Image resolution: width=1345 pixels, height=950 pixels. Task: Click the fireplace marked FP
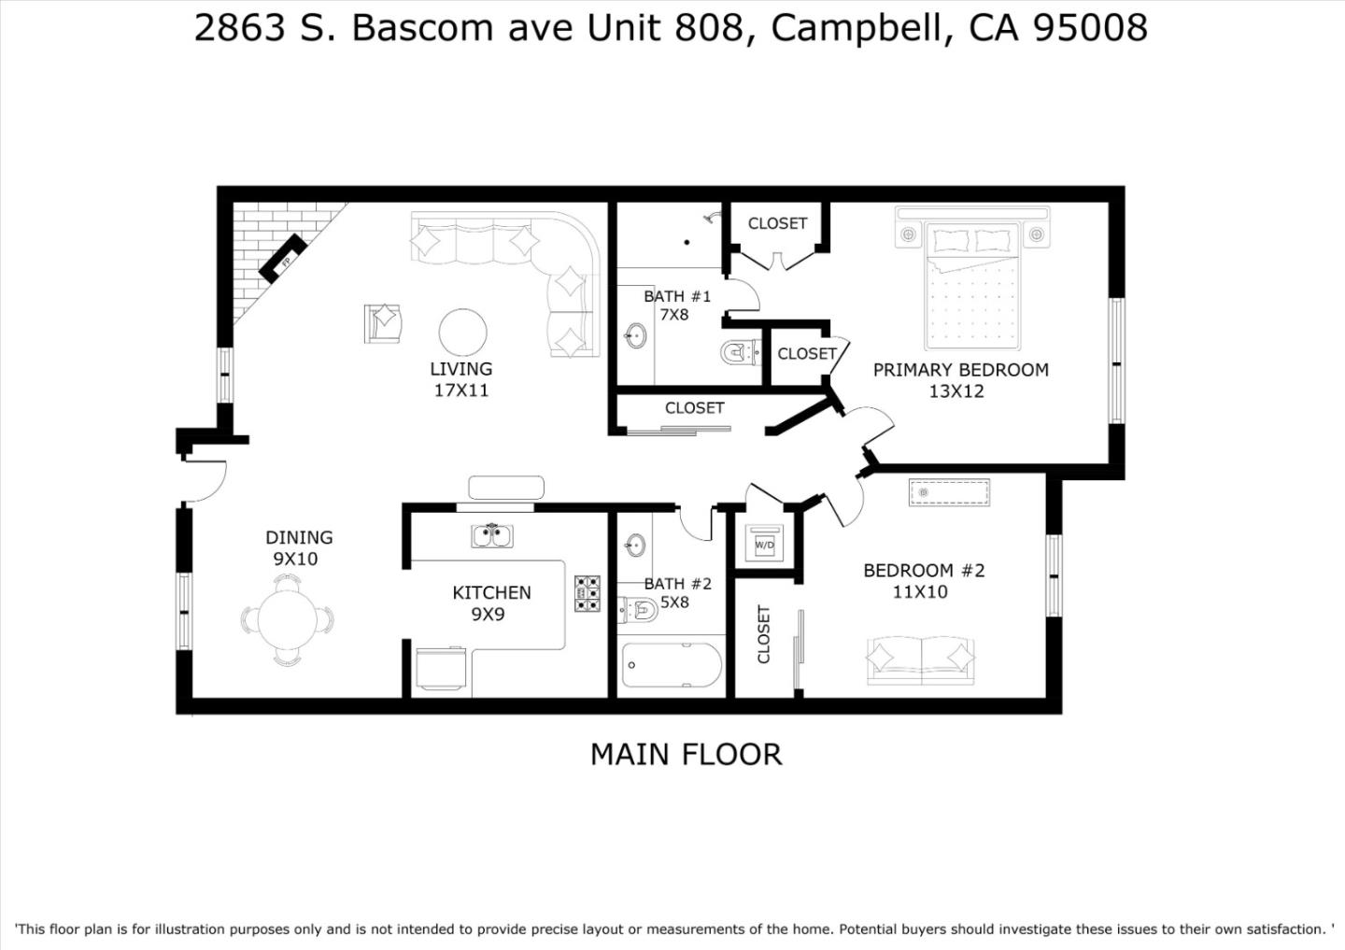pyautogui.click(x=282, y=258)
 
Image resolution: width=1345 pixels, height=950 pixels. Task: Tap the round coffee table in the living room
pyautogui.click(x=462, y=333)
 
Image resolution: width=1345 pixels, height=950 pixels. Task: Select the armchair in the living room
pyautogui.click(x=383, y=323)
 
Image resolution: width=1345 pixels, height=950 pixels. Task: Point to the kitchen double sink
pyautogui.click(x=491, y=535)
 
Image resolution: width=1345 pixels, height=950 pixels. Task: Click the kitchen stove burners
pyautogui.click(x=588, y=593)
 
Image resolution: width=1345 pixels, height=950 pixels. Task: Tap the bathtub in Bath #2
pyautogui.click(x=672, y=665)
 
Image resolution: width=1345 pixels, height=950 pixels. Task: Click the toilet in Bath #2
pyautogui.click(x=638, y=610)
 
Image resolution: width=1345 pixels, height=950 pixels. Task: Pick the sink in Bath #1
pyautogui.click(x=636, y=335)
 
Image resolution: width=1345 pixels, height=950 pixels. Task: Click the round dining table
pyautogui.click(x=288, y=619)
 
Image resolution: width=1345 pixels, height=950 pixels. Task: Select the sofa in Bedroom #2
pyautogui.click(x=921, y=660)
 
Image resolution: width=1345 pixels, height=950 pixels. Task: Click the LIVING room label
pyautogui.click(x=461, y=369)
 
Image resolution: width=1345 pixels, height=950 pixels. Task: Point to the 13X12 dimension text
pyautogui.click(x=956, y=391)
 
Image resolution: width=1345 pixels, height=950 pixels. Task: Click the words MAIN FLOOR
pyautogui.click(x=687, y=755)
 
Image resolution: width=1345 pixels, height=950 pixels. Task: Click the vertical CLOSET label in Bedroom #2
pyautogui.click(x=764, y=634)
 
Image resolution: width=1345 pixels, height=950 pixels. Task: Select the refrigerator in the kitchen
pyautogui.click(x=441, y=669)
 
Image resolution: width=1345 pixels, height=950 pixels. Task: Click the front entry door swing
pyautogui.click(x=205, y=481)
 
